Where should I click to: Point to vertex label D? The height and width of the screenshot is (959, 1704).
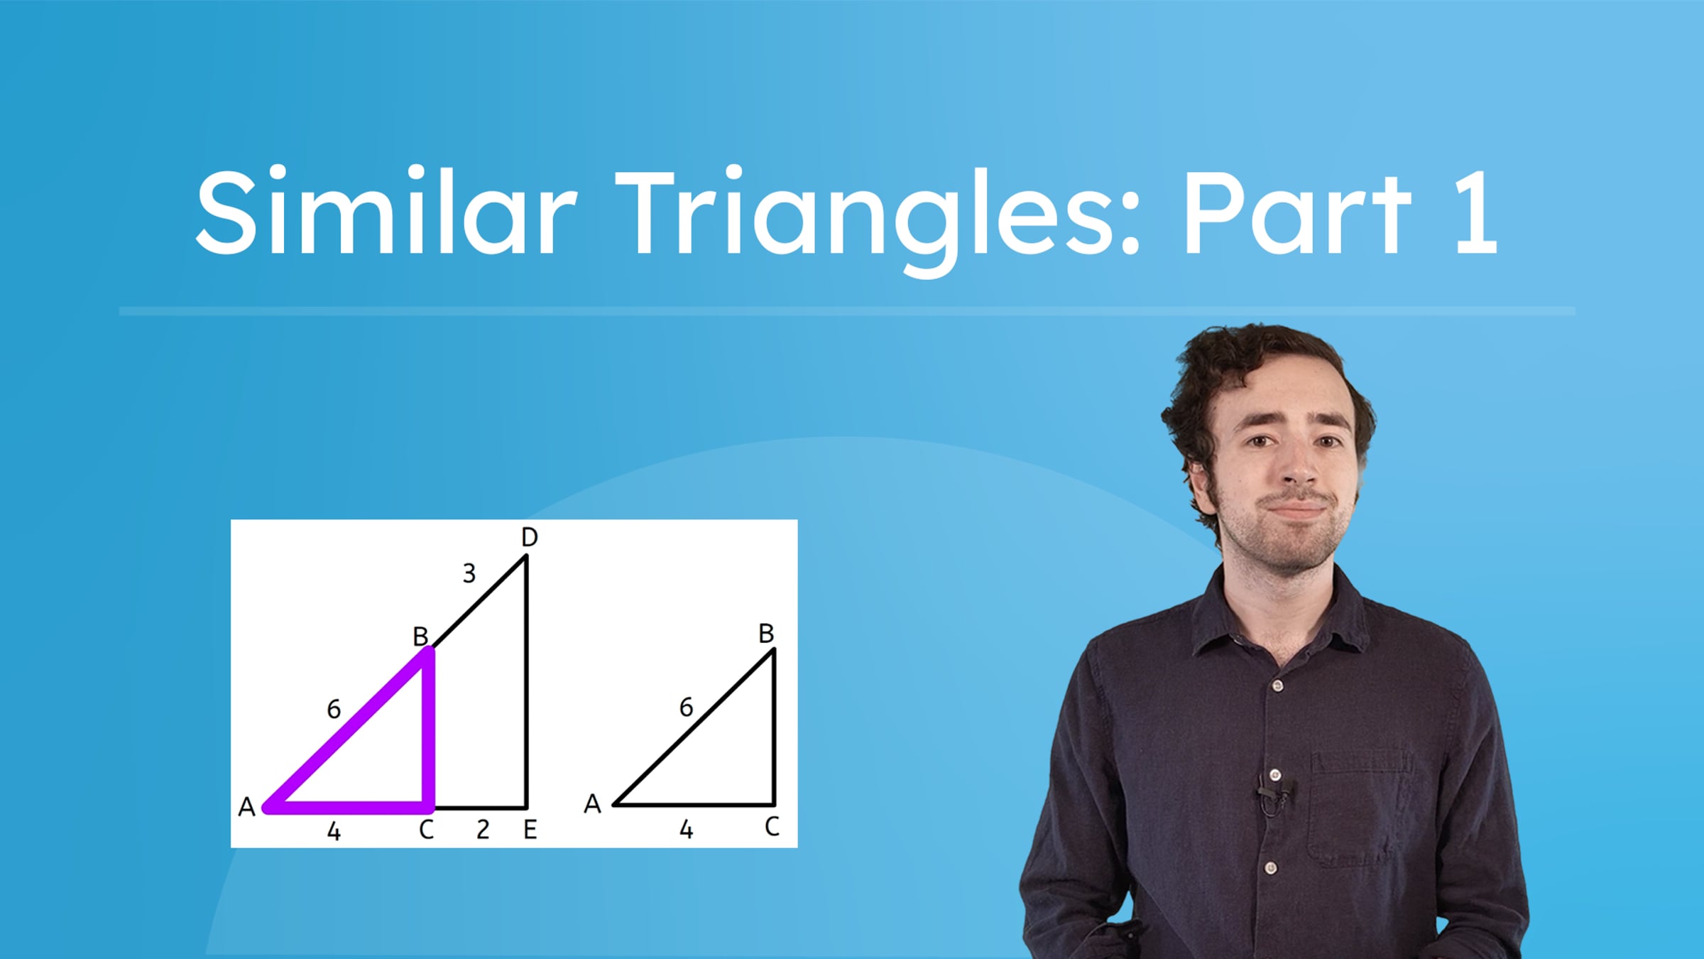[x=529, y=538]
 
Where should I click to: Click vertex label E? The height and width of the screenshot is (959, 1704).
[x=530, y=830]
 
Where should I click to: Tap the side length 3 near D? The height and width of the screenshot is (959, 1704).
[x=469, y=573]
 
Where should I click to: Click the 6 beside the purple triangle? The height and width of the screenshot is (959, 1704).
[x=334, y=709]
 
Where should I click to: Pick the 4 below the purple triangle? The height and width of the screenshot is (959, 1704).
[x=334, y=831]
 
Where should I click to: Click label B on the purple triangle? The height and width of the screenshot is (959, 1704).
[x=420, y=636]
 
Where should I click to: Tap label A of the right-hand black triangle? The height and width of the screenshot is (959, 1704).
[x=592, y=804]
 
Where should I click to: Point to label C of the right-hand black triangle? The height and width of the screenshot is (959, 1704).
[x=772, y=827]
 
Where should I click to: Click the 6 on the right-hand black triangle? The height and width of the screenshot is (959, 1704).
[x=686, y=708]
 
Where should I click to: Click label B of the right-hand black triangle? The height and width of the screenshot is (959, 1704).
[x=765, y=633]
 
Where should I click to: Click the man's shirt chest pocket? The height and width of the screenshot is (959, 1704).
[x=1360, y=817]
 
